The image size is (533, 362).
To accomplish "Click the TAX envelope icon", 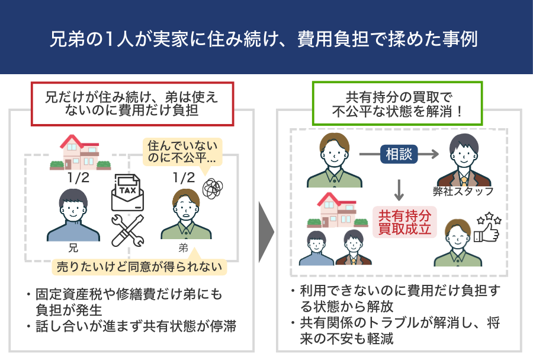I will pos(128,192).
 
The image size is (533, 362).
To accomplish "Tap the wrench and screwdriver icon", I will pos(127,230).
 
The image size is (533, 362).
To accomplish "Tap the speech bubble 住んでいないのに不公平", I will pos(182,151).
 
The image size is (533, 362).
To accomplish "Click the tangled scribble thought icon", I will pos(213,188).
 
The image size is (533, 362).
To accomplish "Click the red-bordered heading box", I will pos(133,103).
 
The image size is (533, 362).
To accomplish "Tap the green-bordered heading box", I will pos(397,103).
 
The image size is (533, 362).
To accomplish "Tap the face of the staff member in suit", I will pos(464,152).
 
